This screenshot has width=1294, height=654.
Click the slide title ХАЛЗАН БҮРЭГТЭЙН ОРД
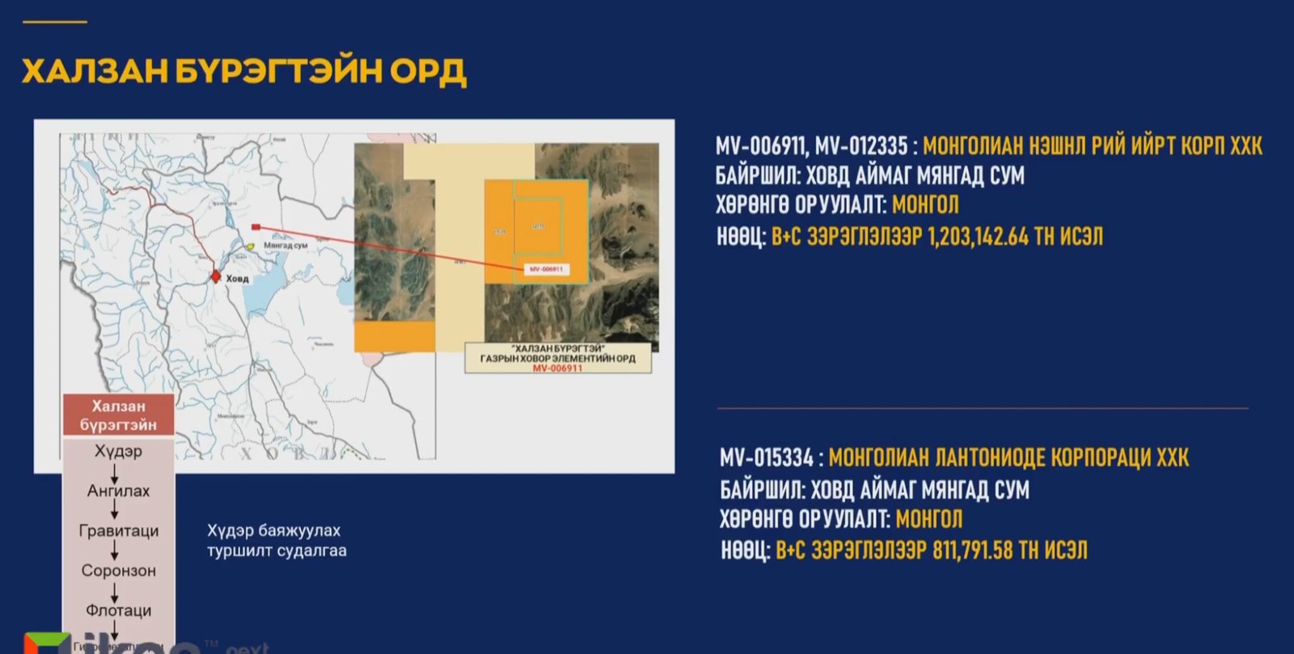pos(243,72)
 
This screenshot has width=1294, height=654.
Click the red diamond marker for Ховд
pos(215,276)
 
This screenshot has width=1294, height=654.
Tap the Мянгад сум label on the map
pos(285,245)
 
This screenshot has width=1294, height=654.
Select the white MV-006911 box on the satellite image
pos(546,269)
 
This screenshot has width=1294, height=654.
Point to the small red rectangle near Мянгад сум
pos(256,227)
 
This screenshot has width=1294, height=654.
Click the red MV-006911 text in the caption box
pos(557,368)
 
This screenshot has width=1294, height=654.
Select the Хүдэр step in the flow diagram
pos(118,451)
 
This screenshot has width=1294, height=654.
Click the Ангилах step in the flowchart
pos(118,491)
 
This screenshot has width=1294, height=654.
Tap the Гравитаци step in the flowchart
pos(118,531)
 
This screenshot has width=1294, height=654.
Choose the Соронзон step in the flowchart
pos(118,571)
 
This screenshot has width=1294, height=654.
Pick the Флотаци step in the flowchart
pos(118,610)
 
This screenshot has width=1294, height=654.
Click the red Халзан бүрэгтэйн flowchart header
pos(118,416)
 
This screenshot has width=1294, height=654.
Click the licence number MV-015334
pos(766,458)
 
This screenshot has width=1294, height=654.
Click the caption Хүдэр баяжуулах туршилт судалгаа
pos(277,541)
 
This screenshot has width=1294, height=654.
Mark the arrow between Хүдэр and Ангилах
pos(115,471)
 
